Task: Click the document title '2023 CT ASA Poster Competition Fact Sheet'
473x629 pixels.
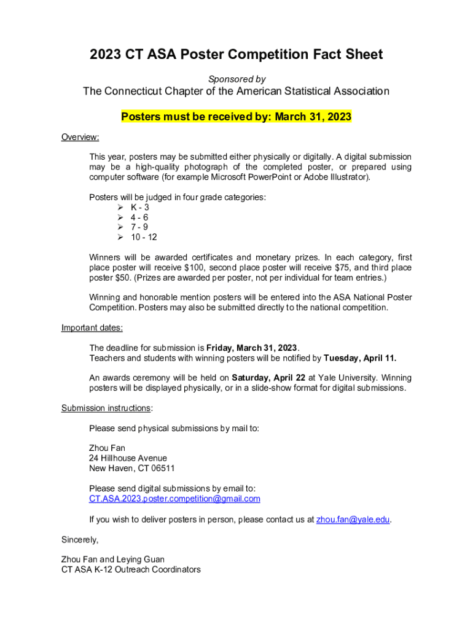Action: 237,55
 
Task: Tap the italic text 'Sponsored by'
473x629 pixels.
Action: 237,79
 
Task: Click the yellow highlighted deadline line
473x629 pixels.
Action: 237,117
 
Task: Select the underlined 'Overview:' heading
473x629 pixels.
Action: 80,137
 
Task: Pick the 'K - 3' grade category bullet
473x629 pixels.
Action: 139,208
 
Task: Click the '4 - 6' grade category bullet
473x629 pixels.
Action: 139,217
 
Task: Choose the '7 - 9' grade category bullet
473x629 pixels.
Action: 139,227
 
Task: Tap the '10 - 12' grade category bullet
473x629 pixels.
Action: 143,237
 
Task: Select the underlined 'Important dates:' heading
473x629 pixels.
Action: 92,327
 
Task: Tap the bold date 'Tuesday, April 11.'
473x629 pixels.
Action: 360,358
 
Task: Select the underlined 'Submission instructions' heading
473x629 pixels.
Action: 106,408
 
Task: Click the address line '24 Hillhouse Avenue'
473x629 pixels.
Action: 128,458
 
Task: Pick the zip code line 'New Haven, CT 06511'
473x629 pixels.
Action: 131,468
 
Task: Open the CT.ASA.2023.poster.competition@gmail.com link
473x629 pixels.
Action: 174,499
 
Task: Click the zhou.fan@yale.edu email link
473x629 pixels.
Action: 353,519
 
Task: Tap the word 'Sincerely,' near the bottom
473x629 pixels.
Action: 80,539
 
